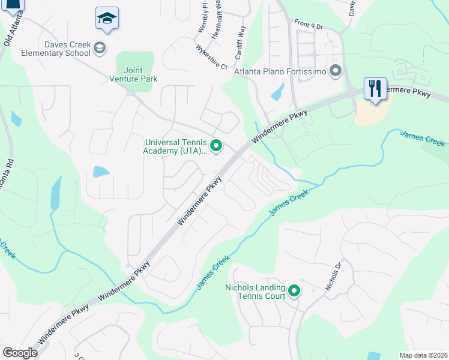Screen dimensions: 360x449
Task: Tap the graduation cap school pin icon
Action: pos(107,19)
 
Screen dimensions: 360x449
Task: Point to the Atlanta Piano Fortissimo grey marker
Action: pos(335,73)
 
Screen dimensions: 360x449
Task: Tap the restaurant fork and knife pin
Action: pos(375,89)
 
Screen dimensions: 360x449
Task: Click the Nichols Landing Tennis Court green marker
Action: pos(294,292)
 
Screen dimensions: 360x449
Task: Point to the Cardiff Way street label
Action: pos(241,40)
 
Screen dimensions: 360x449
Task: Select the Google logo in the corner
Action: pos(20,352)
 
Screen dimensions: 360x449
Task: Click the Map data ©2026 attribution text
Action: pos(423,355)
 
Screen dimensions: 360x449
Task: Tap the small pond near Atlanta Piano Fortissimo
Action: pos(278,92)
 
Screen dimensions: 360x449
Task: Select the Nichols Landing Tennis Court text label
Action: pos(254,292)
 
